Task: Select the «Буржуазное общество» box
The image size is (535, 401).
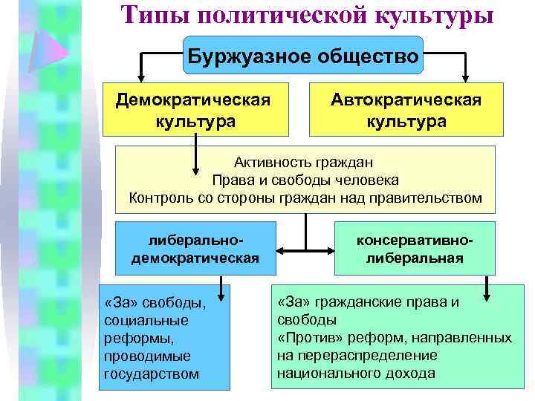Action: tap(302, 55)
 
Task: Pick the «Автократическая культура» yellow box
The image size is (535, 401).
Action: tap(406, 110)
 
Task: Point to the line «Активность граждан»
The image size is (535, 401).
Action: tap(304, 161)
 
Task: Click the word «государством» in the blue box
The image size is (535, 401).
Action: tap(152, 374)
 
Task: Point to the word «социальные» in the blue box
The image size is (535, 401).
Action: tap(147, 320)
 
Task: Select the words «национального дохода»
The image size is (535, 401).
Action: tap(356, 374)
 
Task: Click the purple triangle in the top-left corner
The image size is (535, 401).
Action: tap(53, 50)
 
